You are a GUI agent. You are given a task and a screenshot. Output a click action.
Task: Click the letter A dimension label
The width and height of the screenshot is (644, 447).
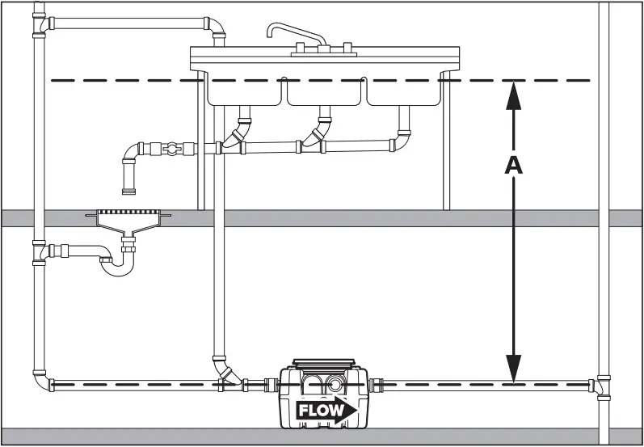pos(513,164)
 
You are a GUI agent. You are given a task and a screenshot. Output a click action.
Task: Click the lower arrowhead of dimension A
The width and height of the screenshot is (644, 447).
pos(513,370)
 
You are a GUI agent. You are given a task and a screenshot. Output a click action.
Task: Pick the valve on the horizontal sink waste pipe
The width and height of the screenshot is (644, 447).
pos(169,149)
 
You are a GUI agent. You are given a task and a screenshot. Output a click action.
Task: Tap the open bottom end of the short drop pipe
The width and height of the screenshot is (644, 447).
pos(128,192)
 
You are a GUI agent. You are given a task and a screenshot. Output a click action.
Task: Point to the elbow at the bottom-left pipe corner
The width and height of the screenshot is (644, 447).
pos(42,380)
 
